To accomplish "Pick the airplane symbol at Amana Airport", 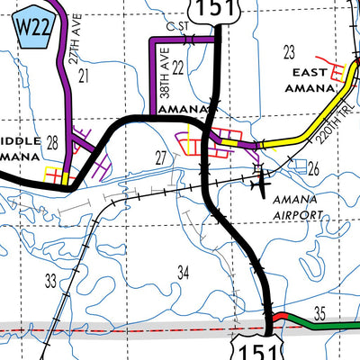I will click(262, 184).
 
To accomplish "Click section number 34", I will click(184, 272).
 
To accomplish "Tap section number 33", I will click(51, 280).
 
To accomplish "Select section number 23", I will click(289, 51).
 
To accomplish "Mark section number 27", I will click(160, 157).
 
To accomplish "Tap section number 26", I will click(313, 168).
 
